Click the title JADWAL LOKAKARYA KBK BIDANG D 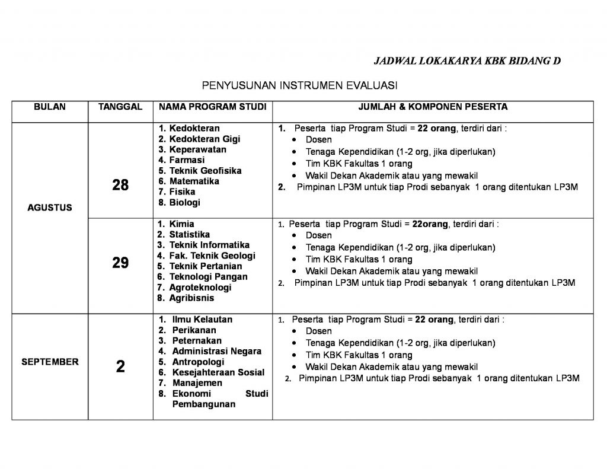point(467,60)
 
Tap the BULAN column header point(50,107)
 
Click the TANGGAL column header point(120,107)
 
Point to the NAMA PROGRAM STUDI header point(212,107)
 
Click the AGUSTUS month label point(50,208)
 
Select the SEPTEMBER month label point(50,362)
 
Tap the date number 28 point(120,186)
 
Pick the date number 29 point(120,263)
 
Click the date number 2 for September point(120,367)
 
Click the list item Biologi point(185,202)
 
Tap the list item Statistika point(189,234)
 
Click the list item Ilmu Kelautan point(202,319)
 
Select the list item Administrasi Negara point(216,351)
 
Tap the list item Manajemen point(197,383)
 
